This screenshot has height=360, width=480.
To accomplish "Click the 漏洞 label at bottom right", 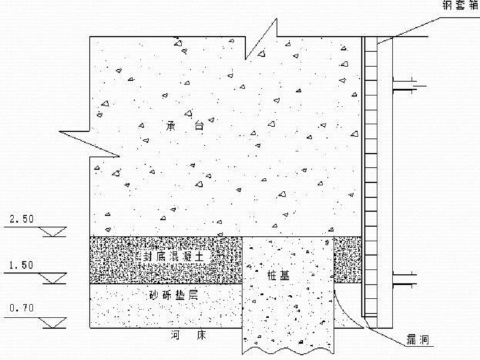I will [417, 339].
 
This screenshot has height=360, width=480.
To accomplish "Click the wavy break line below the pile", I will [287, 350].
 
